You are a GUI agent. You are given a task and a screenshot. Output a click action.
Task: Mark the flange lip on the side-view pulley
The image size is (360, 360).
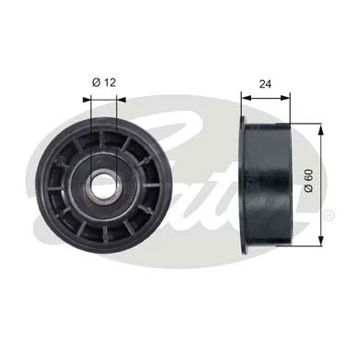click(245, 185)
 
